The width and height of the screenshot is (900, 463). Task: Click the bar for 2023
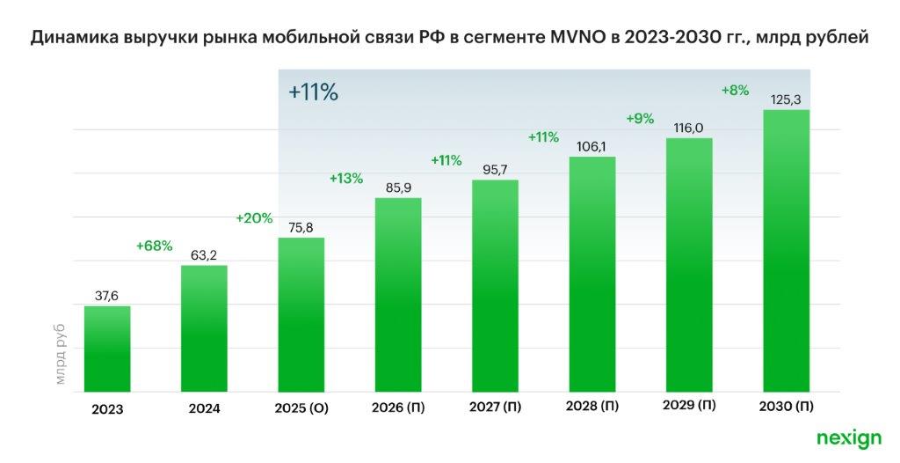point(107,349)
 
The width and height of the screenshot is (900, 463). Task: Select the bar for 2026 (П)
point(398,295)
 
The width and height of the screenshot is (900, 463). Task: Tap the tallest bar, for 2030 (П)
point(786,251)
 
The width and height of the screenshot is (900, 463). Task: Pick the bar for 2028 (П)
point(592,275)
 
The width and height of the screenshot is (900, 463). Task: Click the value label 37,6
point(107,296)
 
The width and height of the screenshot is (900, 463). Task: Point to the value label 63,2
point(204,255)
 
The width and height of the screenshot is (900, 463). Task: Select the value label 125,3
point(786,99)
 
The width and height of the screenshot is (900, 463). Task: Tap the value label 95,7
point(495,170)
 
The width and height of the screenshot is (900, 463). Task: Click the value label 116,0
point(689,128)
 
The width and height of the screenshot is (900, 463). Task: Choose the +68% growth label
point(154,246)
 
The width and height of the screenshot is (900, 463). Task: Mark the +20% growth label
point(254,218)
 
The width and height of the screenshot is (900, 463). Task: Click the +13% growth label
point(346,178)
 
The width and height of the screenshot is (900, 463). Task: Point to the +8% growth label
point(735,90)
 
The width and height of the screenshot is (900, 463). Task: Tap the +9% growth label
point(640,118)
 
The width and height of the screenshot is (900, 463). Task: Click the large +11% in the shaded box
point(314,92)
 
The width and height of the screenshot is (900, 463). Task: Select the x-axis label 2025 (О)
point(301,409)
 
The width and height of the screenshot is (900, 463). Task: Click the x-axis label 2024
point(204,409)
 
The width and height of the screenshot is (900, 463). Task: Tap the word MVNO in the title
point(550,39)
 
